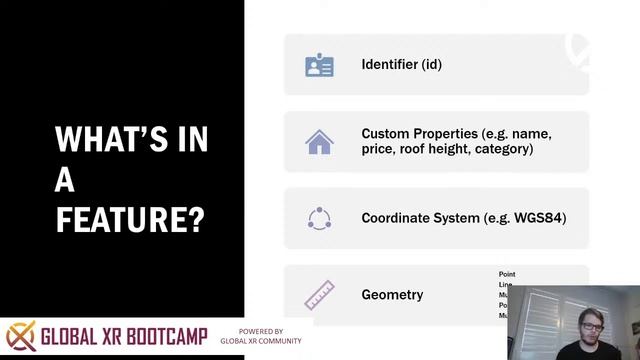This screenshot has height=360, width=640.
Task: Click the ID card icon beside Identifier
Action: coord(319,65)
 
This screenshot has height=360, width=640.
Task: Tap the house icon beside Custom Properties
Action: coord(319,142)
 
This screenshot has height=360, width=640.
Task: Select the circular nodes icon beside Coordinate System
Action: coord(319,218)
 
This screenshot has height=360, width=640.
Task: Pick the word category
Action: coord(505,150)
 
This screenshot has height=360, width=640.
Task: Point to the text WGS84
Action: coord(538,218)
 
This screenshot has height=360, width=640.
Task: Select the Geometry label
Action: coord(392,295)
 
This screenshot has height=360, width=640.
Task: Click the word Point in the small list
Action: coord(507,274)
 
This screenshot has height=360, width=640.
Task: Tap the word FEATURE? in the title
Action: coord(130,218)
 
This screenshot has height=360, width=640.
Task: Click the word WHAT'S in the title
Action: coord(131,139)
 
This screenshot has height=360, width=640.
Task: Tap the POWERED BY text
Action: coord(260,331)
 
